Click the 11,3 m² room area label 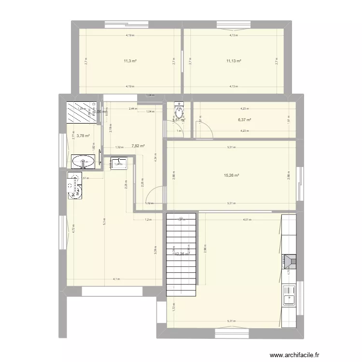point(130,61)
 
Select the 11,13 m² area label point(234,61)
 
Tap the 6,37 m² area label point(244,120)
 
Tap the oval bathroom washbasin point(84,162)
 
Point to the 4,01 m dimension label point(247,220)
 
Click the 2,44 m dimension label point(132,109)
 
